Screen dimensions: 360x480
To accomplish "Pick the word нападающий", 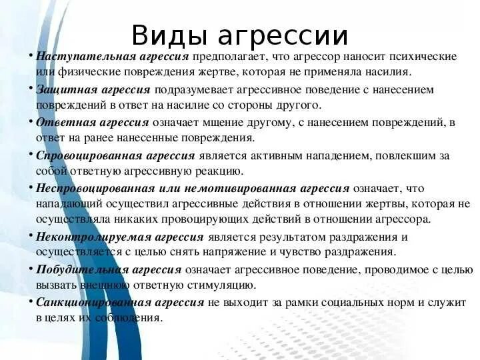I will click(x=70, y=204).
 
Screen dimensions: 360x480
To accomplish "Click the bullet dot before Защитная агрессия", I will click(x=31, y=87).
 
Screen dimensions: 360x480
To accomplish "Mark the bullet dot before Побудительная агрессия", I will click(x=31, y=267).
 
